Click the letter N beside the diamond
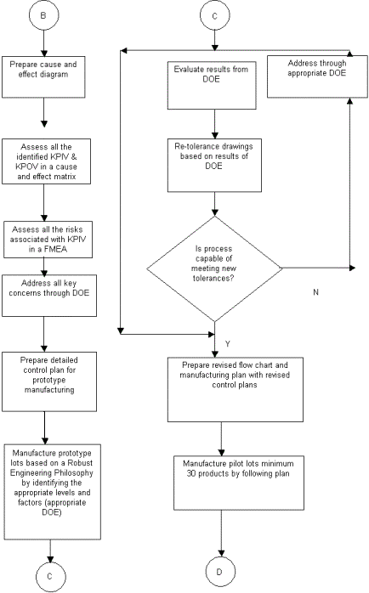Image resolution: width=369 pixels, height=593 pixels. [316, 292]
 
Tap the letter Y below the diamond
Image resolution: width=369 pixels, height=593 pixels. [228, 344]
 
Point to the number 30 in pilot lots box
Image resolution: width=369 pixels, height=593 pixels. [191, 473]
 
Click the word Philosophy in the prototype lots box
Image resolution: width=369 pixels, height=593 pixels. [73, 473]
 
